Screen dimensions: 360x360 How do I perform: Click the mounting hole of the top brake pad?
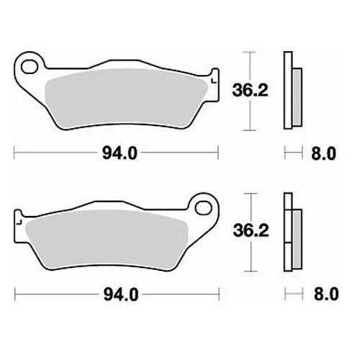30,66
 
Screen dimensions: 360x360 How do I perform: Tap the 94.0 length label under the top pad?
120,153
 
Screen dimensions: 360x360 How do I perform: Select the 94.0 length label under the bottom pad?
121,294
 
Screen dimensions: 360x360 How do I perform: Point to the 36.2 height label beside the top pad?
250,90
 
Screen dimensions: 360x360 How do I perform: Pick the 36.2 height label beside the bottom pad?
251,230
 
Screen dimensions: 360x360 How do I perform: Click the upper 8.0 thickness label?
323,153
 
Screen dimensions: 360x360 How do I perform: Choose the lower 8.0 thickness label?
326,294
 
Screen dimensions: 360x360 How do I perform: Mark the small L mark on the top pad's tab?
213,81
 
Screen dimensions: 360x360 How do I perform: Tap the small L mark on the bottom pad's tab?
19,222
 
